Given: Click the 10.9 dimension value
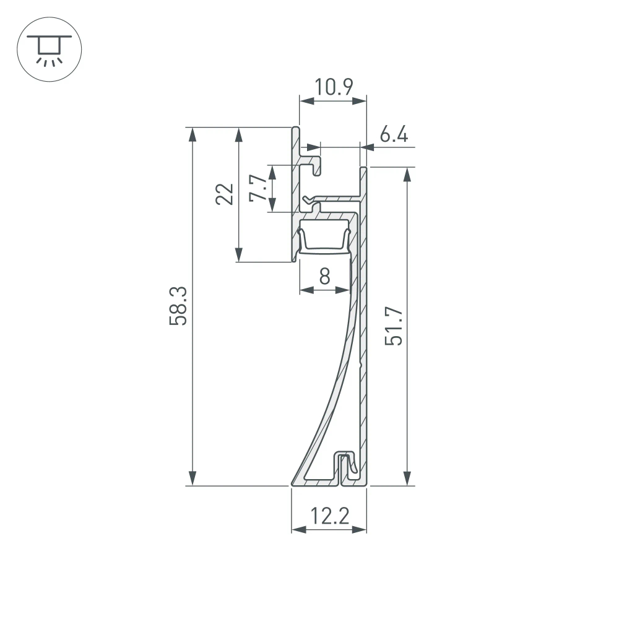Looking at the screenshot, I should (332, 87).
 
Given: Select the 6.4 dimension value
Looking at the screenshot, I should (394, 134).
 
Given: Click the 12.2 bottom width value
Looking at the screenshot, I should (329, 516).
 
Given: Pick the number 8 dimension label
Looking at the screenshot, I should (324, 276).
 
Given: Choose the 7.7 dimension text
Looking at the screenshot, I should (258, 189).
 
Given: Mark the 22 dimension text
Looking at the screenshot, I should (225, 194).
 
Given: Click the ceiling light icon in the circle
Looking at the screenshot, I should (48, 50).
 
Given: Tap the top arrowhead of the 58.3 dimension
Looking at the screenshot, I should (193, 134).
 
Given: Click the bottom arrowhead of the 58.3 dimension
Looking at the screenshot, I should (193, 478).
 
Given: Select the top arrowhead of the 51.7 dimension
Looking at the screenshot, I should (407, 175).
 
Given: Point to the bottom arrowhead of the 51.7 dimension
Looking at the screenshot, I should (407, 478).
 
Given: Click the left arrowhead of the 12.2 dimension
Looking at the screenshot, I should (298, 530).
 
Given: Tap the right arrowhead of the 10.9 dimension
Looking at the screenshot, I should (360, 102).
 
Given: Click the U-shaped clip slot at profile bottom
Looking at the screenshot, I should (342, 467).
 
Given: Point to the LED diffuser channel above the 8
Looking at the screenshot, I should (324, 241).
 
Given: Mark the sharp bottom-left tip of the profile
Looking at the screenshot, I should (292, 483).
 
